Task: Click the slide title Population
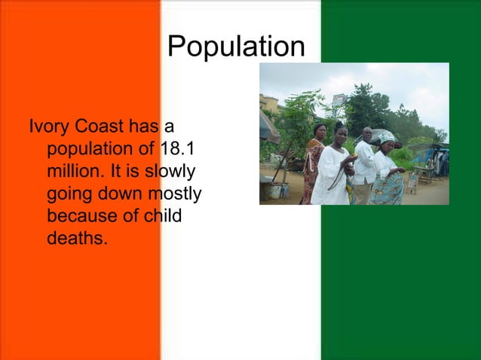[236, 47]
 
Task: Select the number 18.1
[179, 146]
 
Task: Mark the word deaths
[77, 239]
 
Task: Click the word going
[70, 194]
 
